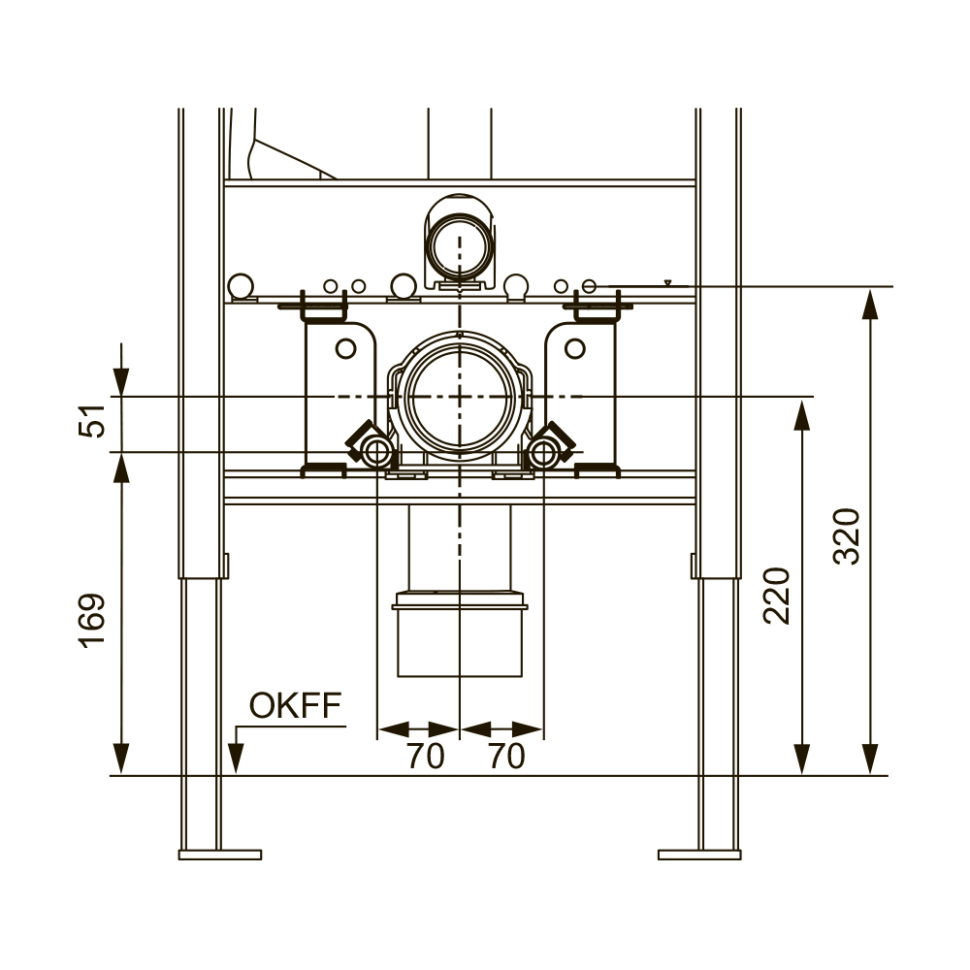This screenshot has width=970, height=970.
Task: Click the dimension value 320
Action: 847,535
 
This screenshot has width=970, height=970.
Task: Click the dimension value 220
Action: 778,596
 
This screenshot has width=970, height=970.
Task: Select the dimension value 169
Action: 93,621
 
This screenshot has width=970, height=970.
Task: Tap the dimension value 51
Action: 93,421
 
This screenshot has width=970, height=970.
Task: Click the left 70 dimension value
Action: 425,756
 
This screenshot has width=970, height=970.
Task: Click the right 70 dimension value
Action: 506,756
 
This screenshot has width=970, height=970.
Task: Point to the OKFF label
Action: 295,705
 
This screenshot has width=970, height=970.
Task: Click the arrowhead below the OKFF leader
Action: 235,759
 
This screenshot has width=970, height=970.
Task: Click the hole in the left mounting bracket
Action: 346,348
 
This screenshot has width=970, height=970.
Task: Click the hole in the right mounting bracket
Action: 574,348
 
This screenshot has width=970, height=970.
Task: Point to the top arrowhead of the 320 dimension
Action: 870,305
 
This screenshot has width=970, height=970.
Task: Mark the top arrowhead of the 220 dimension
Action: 802,414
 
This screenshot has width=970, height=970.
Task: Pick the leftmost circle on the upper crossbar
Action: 240,286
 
